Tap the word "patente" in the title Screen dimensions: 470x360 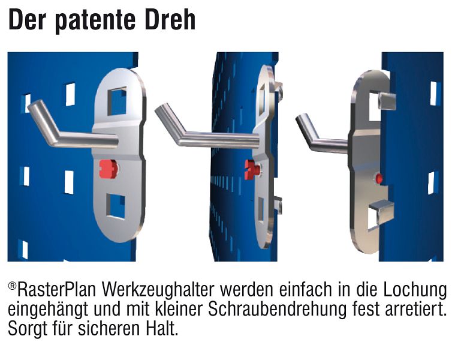(x=95, y=22)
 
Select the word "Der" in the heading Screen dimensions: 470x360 (x=26, y=20)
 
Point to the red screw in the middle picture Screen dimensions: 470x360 (x=252, y=169)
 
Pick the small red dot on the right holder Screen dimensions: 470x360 (x=379, y=178)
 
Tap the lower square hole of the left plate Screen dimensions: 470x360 (x=116, y=206)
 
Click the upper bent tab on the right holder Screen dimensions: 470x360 (x=387, y=101)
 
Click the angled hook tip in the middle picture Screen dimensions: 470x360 (x=159, y=109)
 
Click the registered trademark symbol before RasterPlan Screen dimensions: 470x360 (x=12, y=286)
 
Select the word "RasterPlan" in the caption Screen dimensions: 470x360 (x=57, y=290)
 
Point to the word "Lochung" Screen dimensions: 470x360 (x=415, y=290)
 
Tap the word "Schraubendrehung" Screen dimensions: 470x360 (x=277, y=310)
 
